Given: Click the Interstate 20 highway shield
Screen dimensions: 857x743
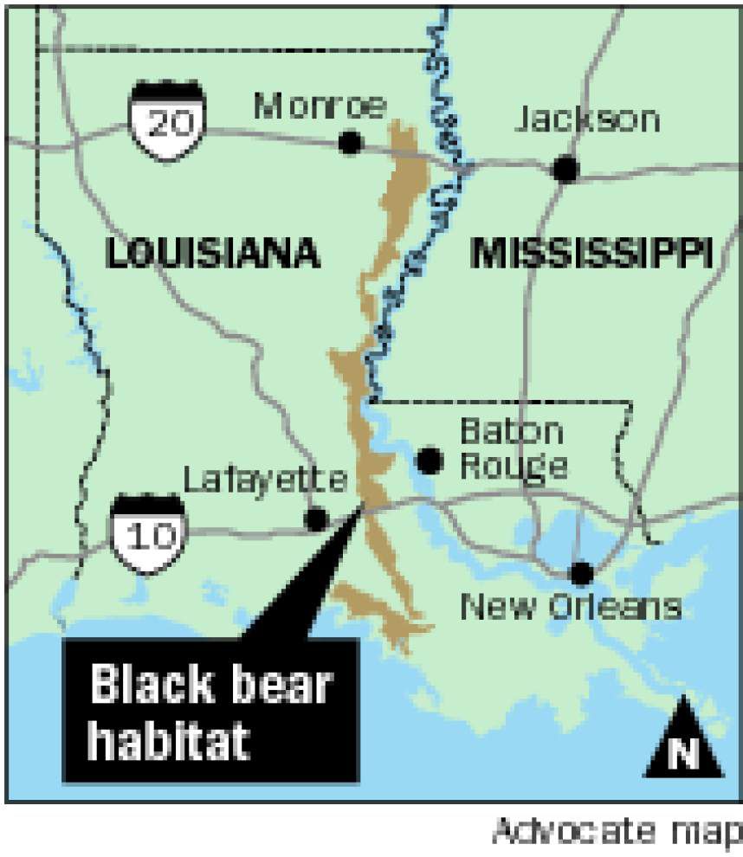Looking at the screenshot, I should tap(168, 116).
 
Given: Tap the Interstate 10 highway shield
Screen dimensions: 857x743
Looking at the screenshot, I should tap(148, 529).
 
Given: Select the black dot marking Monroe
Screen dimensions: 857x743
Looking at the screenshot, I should tap(350, 143).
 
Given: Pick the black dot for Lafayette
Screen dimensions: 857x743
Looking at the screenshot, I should tap(317, 519).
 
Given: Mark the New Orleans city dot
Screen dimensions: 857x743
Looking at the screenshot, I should tap(581, 572).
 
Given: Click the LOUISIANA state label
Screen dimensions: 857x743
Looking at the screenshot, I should tap(213, 254).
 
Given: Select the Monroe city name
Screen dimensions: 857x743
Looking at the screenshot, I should tap(320, 107).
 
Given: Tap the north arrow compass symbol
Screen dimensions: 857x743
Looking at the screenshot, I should tap(683, 738).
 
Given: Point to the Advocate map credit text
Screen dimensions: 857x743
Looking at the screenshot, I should tap(617, 832).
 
